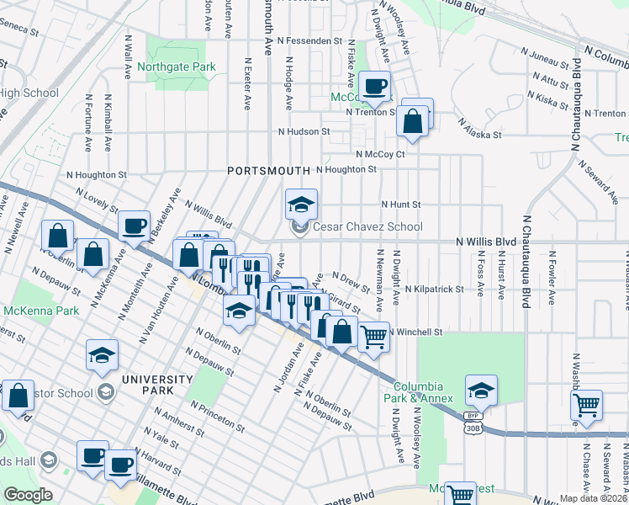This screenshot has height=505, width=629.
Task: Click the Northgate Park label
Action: tap(184, 67)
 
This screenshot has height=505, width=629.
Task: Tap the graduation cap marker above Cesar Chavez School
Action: tap(301, 205)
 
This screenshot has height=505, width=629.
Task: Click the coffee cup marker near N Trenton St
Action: tap(375, 86)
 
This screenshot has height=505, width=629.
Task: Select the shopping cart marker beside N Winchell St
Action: tap(374, 337)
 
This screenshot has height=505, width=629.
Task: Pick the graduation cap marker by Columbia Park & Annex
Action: tap(481, 391)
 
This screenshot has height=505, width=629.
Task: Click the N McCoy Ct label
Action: tap(380, 154)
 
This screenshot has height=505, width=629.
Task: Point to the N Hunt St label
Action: tap(400, 205)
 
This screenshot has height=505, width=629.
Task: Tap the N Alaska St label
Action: tap(480, 128)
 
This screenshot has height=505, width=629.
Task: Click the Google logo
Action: tap(29, 494)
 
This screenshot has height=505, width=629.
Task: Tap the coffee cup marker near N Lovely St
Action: tap(134, 225)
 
